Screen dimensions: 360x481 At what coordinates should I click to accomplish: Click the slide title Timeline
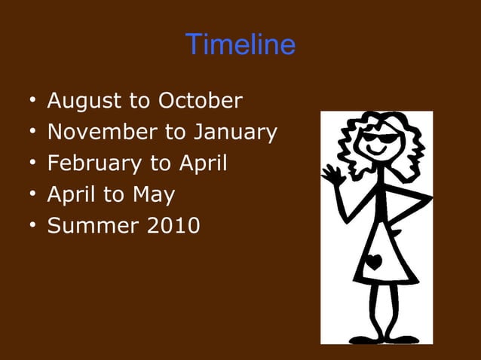coord(240,45)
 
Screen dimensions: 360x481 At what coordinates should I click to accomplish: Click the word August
coord(84,101)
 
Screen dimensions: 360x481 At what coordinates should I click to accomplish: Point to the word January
coord(235,133)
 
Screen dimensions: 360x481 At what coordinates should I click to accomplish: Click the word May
coord(154,195)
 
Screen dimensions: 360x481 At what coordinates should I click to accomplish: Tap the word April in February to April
coord(203,163)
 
